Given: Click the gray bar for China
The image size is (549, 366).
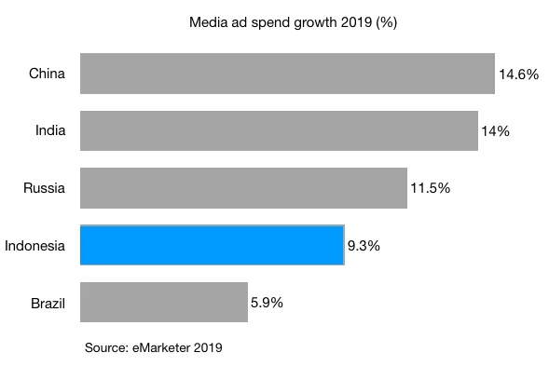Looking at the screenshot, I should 287,74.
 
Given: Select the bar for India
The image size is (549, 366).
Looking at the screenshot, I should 279,131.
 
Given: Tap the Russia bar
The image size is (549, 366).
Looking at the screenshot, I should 243,188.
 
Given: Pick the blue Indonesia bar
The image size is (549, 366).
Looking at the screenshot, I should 213,246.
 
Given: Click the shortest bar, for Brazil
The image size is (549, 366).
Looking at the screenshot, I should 164,304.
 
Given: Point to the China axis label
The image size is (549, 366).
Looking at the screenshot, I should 47,74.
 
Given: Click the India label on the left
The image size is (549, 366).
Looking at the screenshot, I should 49,131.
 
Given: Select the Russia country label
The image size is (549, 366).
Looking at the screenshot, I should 44,189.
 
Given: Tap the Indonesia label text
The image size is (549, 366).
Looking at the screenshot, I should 34,246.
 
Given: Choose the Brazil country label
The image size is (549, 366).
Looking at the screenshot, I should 47,304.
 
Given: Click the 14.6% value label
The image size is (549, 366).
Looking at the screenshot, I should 518,75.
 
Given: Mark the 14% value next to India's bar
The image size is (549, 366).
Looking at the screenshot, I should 495,131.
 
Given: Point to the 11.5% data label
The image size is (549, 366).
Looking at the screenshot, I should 430,188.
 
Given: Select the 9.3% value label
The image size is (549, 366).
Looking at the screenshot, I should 364,246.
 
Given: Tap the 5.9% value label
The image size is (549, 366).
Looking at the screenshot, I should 267,303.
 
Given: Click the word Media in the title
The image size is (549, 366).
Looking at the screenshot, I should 207,20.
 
